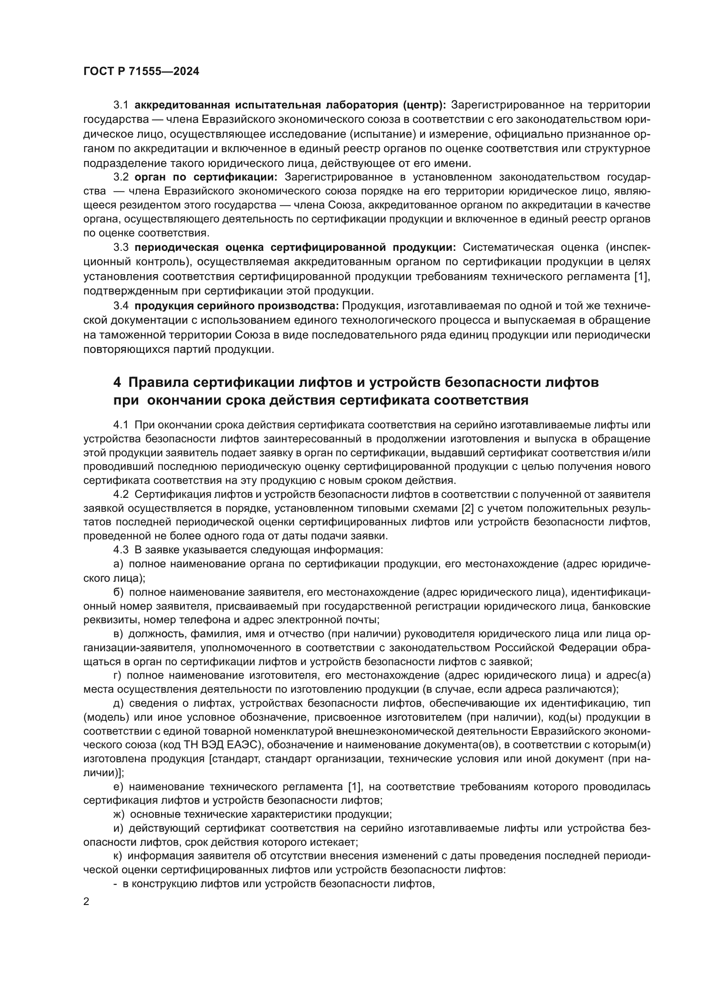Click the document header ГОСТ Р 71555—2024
point(141,72)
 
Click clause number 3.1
point(121,105)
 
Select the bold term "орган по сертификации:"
point(206,177)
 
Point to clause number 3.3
point(121,247)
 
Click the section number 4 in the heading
point(117,383)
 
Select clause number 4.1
point(121,425)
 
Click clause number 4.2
point(121,494)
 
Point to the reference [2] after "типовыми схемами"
point(467,508)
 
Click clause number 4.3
point(121,550)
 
